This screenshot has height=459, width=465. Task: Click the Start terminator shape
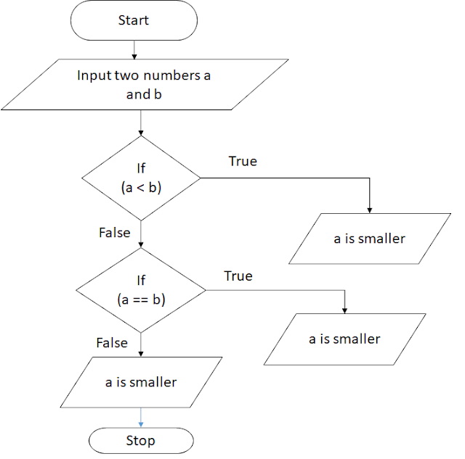click(x=133, y=21)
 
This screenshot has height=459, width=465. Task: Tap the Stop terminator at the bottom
click(x=140, y=440)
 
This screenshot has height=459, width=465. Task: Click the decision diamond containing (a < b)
click(x=140, y=178)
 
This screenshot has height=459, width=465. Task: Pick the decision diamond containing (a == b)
click(x=140, y=290)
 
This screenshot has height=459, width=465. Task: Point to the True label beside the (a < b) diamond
click(x=243, y=161)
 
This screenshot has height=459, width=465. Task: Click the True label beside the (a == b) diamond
click(x=238, y=276)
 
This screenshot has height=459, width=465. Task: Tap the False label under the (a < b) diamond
click(x=114, y=233)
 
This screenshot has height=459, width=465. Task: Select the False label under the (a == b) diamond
click(x=111, y=342)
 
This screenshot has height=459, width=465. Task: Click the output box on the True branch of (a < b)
click(x=369, y=238)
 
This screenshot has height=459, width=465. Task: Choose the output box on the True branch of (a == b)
click(x=344, y=339)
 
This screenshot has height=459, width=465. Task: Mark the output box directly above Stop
click(x=140, y=382)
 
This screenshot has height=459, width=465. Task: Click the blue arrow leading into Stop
click(x=140, y=418)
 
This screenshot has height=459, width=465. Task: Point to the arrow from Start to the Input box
click(x=134, y=49)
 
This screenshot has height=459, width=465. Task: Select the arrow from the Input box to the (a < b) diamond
click(x=140, y=122)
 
